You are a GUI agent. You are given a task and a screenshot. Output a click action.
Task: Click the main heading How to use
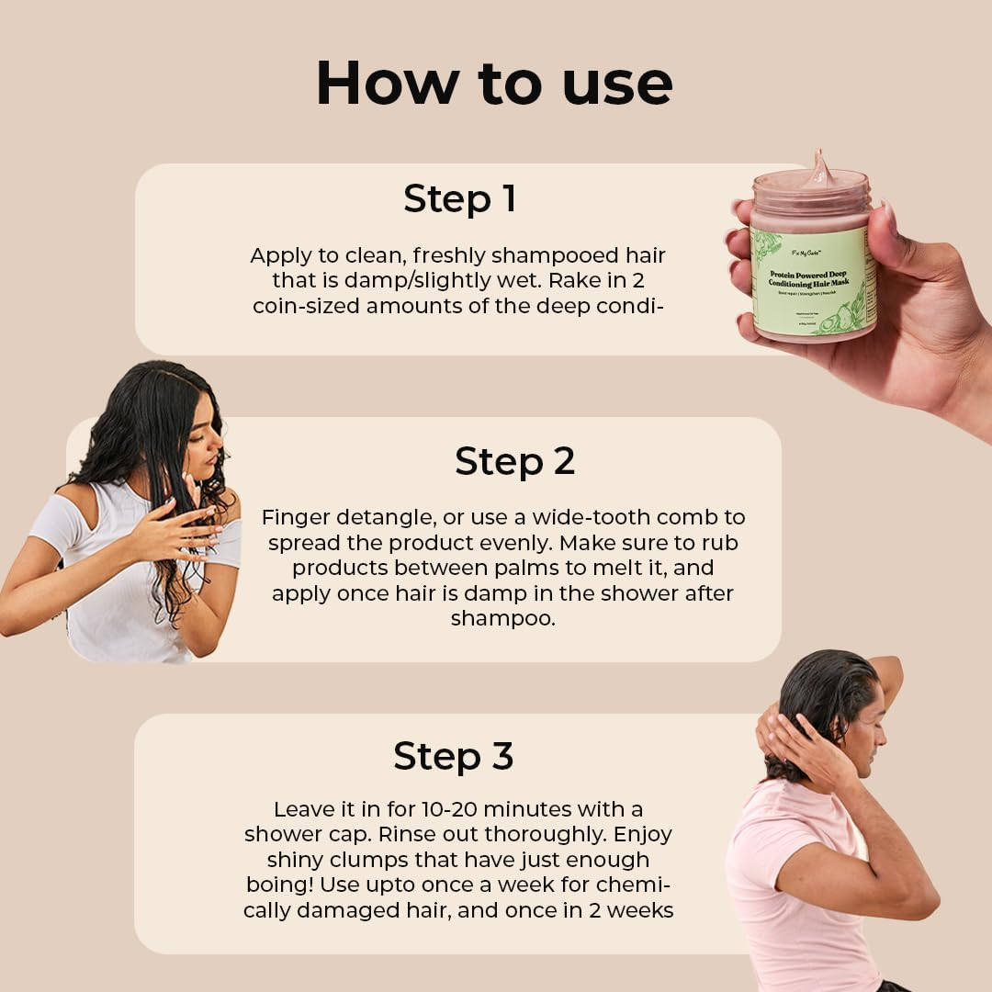(494, 84)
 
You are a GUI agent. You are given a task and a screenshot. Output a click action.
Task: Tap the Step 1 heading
(459, 199)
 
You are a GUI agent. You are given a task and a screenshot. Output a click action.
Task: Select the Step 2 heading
(514, 461)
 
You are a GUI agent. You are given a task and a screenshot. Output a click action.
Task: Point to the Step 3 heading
(453, 756)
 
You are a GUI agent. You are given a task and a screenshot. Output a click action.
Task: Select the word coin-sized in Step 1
(306, 306)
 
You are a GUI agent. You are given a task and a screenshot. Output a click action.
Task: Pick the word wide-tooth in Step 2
(584, 517)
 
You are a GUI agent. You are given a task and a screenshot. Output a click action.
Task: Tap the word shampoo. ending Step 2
(502, 618)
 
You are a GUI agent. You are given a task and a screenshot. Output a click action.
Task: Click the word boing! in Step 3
(283, 885)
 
